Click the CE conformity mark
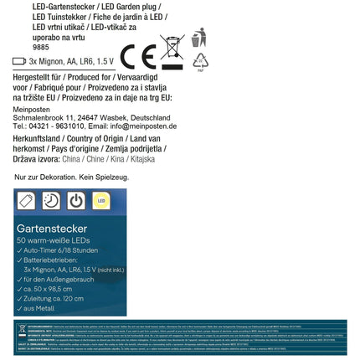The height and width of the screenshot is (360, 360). [x=138, y=57]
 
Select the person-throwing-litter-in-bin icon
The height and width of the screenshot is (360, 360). [x=198, y=39]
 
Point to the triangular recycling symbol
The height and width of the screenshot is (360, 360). [x=200, y=62]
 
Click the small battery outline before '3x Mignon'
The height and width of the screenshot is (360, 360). [x=19, y=61]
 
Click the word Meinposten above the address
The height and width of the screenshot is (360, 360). [x=32, y=107]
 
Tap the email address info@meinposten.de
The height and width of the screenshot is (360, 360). [x=144, y=126]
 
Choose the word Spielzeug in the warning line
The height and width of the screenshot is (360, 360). [x=109, y=177]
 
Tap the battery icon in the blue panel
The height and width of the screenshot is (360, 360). [x=26, y=201]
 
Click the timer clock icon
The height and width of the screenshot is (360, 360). [x=51, y=201]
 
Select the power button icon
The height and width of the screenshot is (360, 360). [x=76, y=201]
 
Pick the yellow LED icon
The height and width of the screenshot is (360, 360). [x=100, y=201]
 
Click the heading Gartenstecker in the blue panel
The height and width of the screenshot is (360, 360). [x=50, y=229]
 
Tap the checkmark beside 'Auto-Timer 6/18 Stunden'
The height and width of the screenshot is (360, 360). [x=20, y=249]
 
